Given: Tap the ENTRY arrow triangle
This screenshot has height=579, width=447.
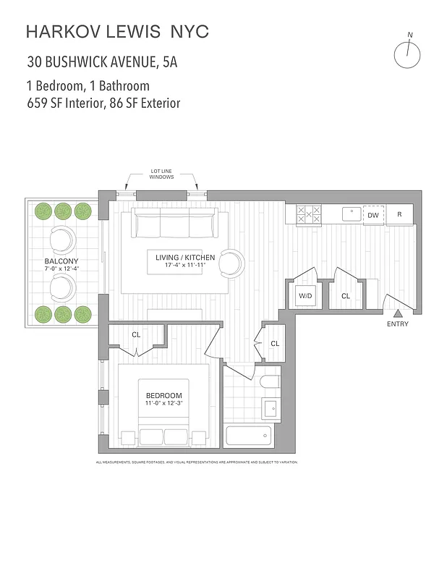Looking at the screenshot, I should (397, 313).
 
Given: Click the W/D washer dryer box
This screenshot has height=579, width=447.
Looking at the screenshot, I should (305, 296).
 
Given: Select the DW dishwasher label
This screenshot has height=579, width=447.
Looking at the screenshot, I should (373, 215).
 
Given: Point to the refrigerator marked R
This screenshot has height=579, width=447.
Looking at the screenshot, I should (399, 215).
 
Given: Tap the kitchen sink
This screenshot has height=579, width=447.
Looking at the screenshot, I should (351, 214).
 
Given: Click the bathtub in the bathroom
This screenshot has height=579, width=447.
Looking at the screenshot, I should (249, 436).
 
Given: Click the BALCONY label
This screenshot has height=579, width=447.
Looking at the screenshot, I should (61, 261).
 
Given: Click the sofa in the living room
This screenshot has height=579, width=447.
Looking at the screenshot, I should (173, 227).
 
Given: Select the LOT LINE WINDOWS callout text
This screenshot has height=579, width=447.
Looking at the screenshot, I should (162, 174).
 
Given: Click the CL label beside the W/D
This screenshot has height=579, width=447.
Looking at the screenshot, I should (346, 296).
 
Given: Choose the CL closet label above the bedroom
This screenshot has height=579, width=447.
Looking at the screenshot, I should (136, 334).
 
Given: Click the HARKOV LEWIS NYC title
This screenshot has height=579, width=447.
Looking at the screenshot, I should (117, 31).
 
